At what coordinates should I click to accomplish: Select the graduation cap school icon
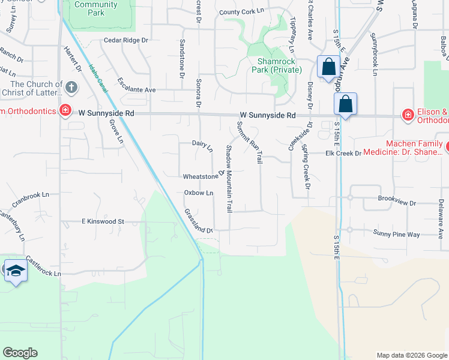[15, 271]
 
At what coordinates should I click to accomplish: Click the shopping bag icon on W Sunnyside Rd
[346, 104]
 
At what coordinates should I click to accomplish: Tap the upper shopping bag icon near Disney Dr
[328, 68]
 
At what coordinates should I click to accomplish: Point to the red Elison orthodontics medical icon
[408, 114]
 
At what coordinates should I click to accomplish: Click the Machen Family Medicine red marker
[448, 146]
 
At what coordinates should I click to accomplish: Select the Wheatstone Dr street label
[203, 176]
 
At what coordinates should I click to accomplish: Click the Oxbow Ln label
[199, 193]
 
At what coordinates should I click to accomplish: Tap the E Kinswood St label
[103, 221]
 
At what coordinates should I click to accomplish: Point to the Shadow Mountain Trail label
[229, 179]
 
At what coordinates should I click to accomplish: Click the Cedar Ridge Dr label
[125, 40]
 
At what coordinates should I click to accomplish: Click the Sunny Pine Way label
[396, 234]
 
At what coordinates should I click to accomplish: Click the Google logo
[20, 353]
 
